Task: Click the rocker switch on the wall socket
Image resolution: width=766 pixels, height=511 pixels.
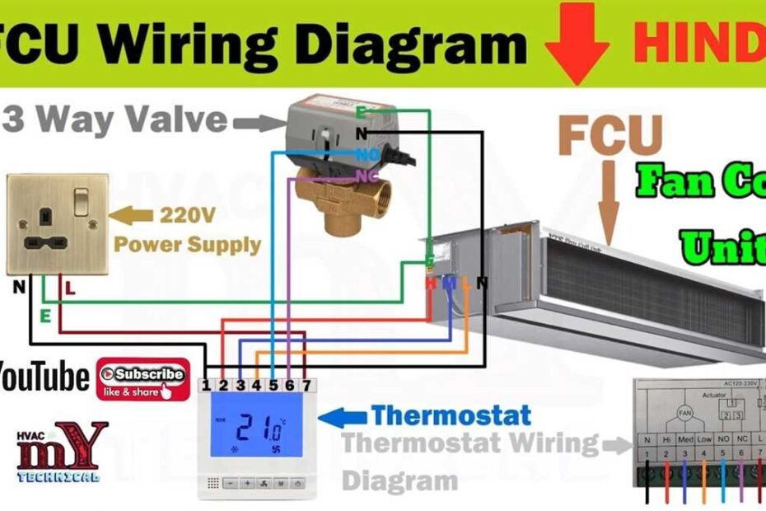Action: (x=82, y=199)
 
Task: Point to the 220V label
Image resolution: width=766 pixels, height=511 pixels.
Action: (x=187, y=216)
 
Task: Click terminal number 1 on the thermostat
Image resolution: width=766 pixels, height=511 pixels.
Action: (x=208, y=385)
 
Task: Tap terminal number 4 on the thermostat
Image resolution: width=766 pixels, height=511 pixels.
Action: (x=256, y=385)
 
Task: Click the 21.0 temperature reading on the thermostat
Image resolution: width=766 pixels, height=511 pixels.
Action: (x=258, y=428)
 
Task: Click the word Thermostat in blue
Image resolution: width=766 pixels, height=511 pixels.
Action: (x=451, y=415)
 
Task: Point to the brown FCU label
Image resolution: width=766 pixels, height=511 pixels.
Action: (x=610, y=136)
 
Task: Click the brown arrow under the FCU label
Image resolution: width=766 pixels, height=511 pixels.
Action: (x=610, y=202)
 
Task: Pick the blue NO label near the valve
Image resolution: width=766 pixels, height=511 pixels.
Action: (x=367, y=154)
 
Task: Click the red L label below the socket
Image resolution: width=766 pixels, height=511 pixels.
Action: (x=69, y=289)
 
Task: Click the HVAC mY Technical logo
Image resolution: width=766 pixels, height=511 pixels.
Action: (x=62, y=452)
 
